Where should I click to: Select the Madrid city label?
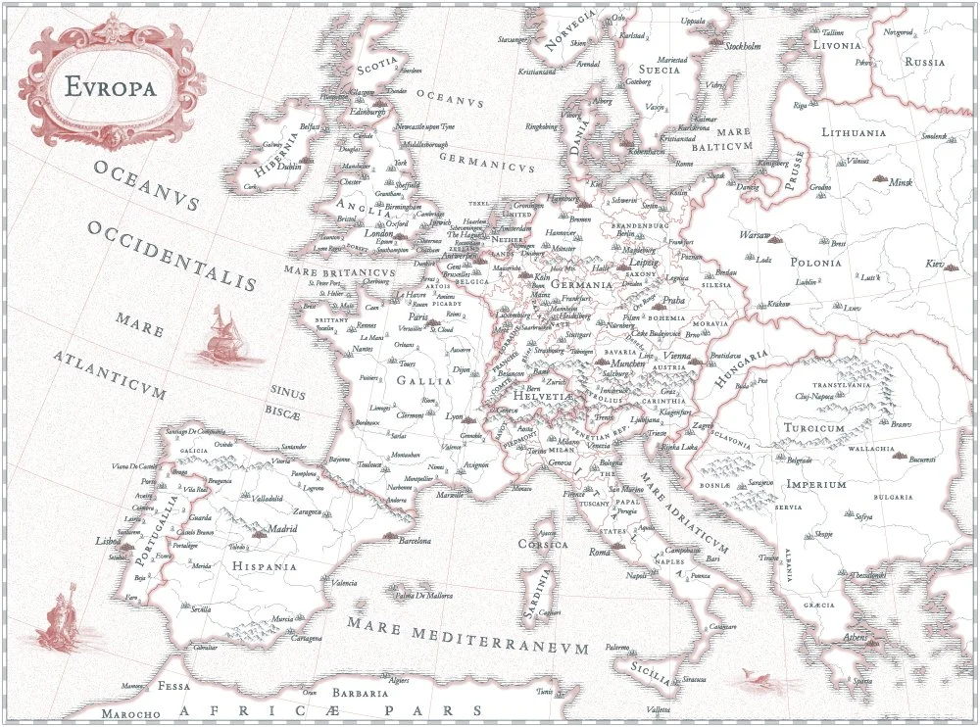282,528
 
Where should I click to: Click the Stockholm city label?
742,46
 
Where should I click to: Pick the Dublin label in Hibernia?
289,167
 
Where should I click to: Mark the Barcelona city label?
415,541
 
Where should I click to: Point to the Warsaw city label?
755,236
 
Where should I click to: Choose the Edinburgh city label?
368,112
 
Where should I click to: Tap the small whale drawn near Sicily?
753,675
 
